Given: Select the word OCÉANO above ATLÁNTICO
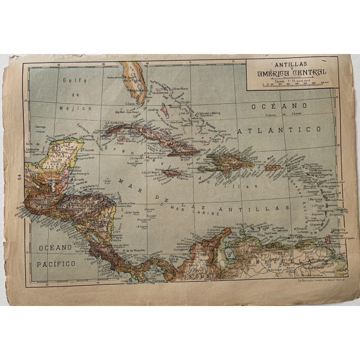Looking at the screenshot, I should coord(273,106).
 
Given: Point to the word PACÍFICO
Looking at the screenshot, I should coord(56,264).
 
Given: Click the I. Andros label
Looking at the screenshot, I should coord(152,109).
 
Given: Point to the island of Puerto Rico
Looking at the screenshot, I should coord(273,168).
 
